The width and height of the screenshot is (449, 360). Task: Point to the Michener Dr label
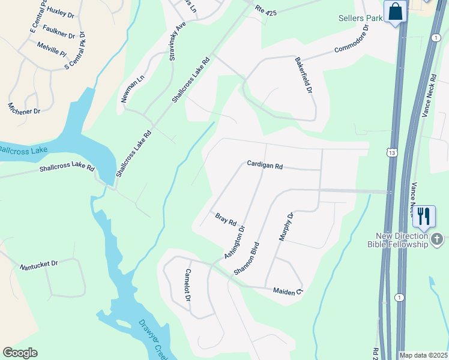(24, 108)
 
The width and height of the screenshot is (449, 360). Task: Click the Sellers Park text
(360, 19)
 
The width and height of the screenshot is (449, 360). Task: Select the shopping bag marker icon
(396, 11)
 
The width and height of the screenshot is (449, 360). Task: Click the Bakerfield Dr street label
(304, 76)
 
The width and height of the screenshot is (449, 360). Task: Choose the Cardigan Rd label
(265, 165)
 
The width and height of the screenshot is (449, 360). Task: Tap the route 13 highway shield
(393, 154)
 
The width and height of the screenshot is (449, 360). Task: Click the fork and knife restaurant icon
(424, 216)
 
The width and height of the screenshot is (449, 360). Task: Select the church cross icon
(438, 241)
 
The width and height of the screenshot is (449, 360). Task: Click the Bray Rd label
(226, 218)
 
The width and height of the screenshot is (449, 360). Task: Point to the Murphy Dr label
(285, 226)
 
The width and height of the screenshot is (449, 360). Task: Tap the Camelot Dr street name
(188, 289)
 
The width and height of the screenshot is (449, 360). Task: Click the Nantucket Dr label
(38, 264)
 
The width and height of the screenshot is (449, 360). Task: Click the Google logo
(20, 353)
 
